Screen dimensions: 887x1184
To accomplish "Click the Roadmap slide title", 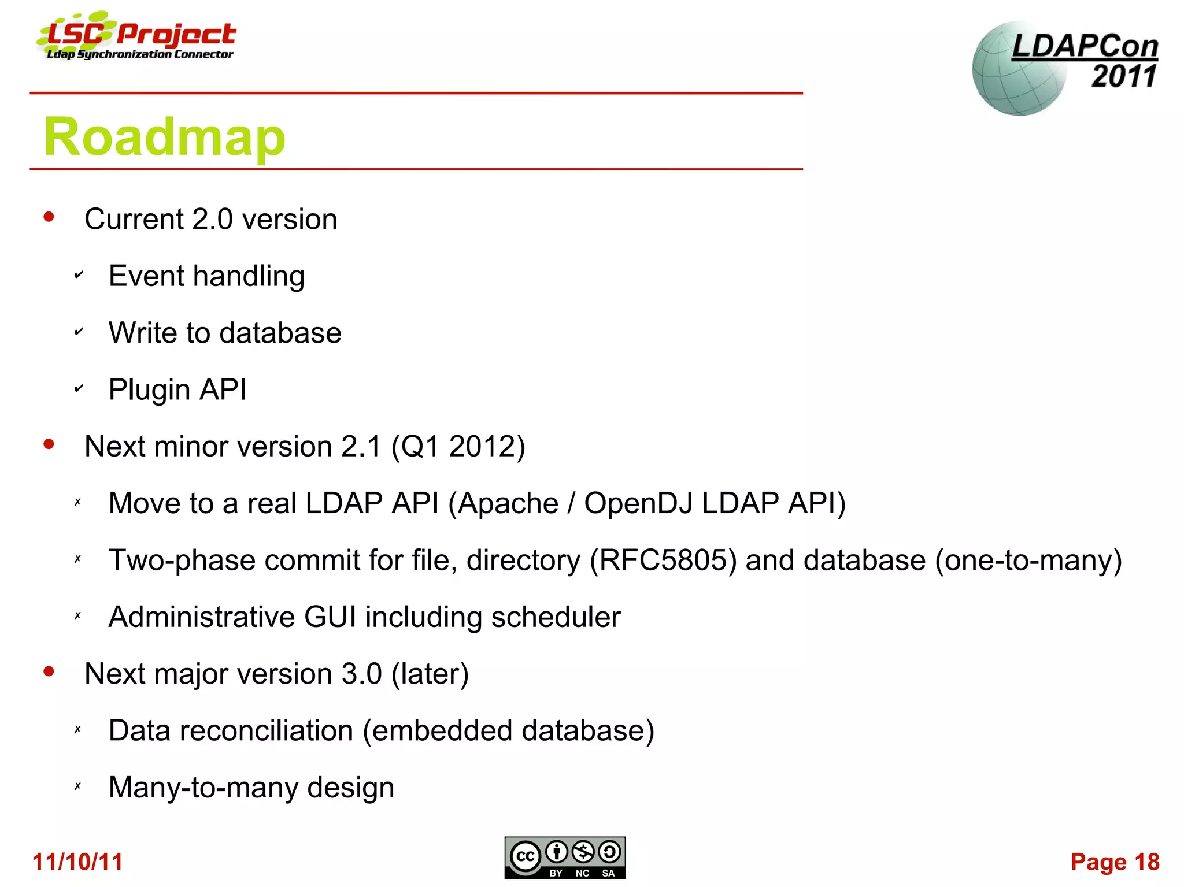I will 164,137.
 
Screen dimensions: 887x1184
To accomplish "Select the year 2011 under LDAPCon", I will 1124,76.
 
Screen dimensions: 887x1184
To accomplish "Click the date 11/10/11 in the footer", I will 77,862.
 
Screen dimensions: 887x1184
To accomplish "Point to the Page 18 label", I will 1115,862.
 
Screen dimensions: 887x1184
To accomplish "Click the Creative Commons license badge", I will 564,858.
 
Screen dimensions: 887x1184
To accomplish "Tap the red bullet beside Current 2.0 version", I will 49,218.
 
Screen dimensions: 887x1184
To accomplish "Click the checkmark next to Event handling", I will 79,275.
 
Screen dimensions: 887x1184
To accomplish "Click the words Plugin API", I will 177,389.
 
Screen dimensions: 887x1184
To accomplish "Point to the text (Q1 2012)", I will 458,446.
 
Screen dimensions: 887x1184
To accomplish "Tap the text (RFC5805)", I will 663,560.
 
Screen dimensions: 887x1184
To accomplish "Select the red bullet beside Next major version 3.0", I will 49,672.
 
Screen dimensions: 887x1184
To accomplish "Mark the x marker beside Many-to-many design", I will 77,786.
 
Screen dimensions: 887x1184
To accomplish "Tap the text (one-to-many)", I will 1028,560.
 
